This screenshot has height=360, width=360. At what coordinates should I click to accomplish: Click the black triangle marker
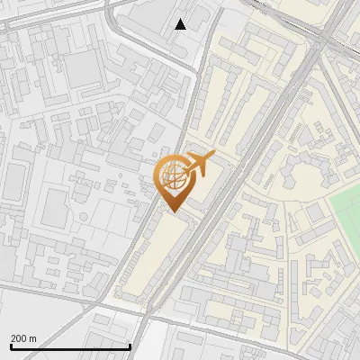pyautogui.click(x=181, y=24)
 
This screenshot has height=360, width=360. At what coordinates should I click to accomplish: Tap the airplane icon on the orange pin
pyautogui.click(x=199, y=164)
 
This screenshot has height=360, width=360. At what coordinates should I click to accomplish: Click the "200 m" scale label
pyautogui.click(x=23, y=337)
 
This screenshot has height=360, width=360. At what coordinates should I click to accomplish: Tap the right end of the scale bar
pyautogui.click(x=130, y=346)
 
